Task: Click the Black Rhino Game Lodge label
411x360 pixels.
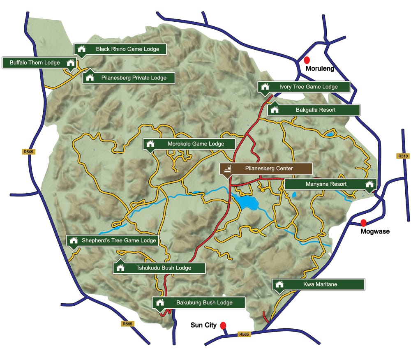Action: pyautogui.click(x=120, y=49)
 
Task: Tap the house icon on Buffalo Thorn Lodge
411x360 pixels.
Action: pyautogui.click(x=71, y=63)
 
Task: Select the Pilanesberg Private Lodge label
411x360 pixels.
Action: pyautogui.click(x=129, y=78)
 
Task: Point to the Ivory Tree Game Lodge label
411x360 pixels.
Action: pyautogui.click(x=304, y=87)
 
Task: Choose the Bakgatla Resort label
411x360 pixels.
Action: pyautogui.click(x=314, y=110)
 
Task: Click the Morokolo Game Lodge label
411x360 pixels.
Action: pyautogui.click(x=189, y=144)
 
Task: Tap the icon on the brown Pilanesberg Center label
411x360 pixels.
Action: pyautogui.click(x=226, y=168)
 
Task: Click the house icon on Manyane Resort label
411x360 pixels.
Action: pyautogui.click(x=370, y=184)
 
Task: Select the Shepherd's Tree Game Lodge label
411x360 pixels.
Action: pyautogui.click(x=112, y=240)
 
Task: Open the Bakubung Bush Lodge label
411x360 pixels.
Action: pyautogui.click(x=199, y=303)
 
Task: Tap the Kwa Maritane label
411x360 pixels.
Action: pyautogui.click(x=318, y=284)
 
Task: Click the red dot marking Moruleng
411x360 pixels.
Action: pyautogui.click(x=307, y=60)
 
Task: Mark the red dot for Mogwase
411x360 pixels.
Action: pyautogui.click(x=363, y=223)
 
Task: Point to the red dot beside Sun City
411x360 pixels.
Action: pyautogui.click(x=223, y=325)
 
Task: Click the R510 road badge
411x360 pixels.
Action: pyautogui.click(x=402, y=156)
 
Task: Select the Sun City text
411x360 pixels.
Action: pyautogui.click(x=203, y=325)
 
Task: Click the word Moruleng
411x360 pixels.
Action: pyautogui.click(x=320, y=69)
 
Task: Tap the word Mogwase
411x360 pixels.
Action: pyautogui.click(x=375, y=231)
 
